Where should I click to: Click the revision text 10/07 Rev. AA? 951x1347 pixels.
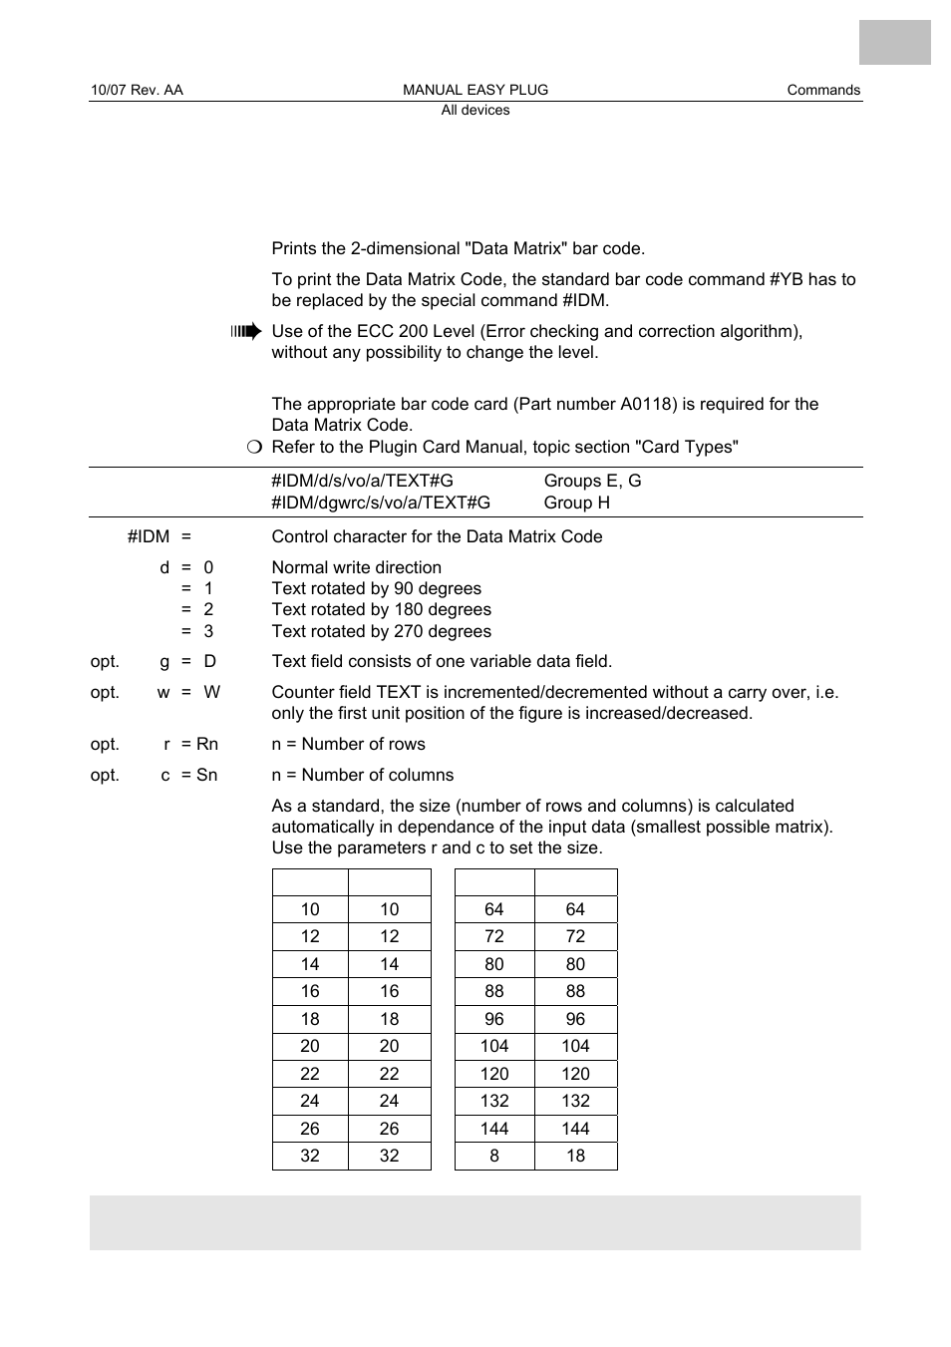(137, 90)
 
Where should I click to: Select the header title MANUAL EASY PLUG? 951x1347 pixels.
(475, 90)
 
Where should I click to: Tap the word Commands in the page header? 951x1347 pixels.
(822, 90)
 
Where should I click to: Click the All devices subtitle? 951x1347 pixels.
(475, 111)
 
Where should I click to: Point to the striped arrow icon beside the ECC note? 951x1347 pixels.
(245, 332)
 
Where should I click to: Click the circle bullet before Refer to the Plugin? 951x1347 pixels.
(254, 447)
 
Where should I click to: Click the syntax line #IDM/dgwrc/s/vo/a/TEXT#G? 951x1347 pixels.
(381, 503)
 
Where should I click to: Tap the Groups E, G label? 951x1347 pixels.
(592, 481)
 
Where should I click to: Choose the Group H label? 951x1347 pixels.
(576, 503)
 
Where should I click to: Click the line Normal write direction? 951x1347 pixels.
(356, 567)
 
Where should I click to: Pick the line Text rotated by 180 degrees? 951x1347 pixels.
(381, 609)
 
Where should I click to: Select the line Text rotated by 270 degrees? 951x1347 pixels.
(381, 631)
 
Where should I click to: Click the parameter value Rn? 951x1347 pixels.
(207, 744)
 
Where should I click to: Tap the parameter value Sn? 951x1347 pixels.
(206, 775)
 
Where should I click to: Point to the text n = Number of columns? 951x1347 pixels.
(362, 775)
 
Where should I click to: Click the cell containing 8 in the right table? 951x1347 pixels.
(494, 1156)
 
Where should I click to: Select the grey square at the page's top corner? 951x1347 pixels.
(894, 42)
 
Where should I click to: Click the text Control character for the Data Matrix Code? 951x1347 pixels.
(437, 536)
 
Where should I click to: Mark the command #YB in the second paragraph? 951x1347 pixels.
(786, 279)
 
